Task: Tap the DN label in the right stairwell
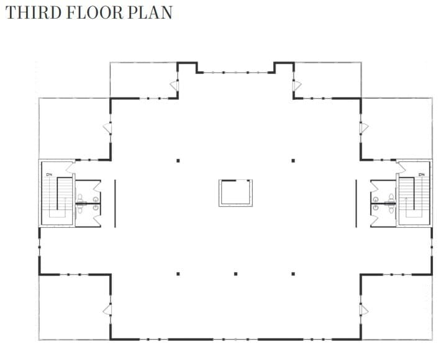pos(421,174)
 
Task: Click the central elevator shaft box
pos(235,192)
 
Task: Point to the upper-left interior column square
pos(178,161)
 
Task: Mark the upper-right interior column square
pos(293,161)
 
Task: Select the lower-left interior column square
pos(178,274)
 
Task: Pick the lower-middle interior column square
pos(235,274)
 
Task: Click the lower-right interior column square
pos(293,274)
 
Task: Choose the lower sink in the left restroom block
pos(95,208)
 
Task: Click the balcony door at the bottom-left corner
pos(107,308)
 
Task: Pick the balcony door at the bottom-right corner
pos(363,308)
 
